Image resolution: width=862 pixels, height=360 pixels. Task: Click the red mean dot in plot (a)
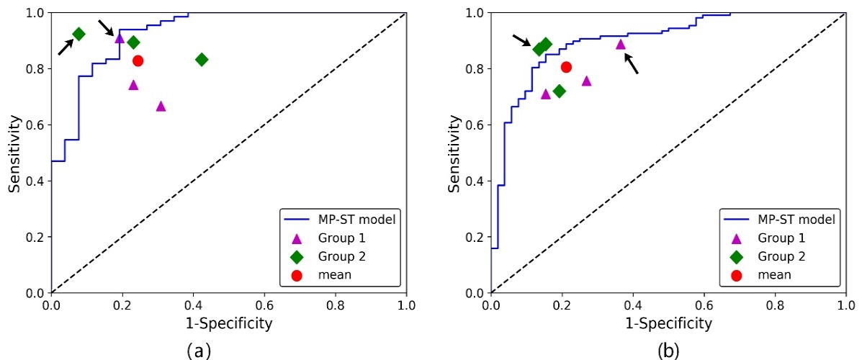coord(138,61)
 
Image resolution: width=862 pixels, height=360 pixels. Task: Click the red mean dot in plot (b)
coord(566,67)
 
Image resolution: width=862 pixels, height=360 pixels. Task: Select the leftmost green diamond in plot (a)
coord(78,34)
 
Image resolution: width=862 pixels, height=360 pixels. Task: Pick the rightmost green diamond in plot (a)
coord(202,59)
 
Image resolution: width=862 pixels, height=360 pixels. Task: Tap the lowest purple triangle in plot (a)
coord(161,107)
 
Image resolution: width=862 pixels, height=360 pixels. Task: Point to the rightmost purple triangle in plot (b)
coord(621,44)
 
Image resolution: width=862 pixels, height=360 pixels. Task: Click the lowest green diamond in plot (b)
coord(559,91)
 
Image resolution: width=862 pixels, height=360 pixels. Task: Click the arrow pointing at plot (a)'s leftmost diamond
coord(65,48)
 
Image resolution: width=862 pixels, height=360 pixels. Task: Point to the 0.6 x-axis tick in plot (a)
coord(264,305)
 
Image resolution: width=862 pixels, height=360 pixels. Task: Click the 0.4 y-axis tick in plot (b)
coord(474,181)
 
